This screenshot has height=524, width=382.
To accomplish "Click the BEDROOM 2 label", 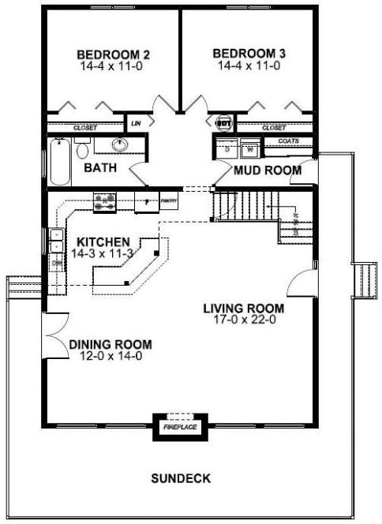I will tap(114, 54).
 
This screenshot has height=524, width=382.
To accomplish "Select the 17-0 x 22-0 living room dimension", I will tap(243, 320).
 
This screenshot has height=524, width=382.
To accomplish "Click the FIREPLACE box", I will tap(179, 427).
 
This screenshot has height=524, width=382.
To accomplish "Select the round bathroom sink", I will tap(119, 144).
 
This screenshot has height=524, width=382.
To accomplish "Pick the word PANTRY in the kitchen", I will tap(167, 202).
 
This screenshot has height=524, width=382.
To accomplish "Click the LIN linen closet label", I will tap(136, 122).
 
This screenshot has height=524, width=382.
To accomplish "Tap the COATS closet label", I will tap(288, 141).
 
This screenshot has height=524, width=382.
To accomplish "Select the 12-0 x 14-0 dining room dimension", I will tap(110, 356).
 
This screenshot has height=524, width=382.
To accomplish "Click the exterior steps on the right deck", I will tap(364, 279).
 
